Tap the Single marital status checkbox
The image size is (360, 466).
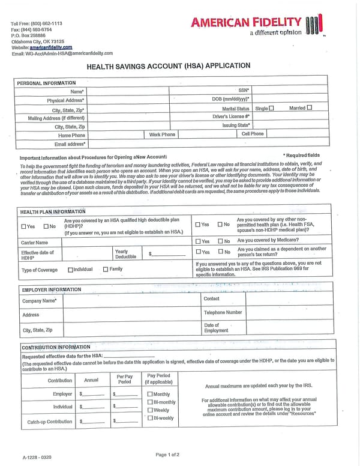pos(271,108)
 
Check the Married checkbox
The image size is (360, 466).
pos(310,108)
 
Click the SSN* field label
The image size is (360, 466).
pos(244,90)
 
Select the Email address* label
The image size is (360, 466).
pos(70,144)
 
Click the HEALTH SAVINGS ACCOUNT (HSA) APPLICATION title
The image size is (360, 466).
pos(169,66)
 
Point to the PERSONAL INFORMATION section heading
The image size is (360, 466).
pos(46,82)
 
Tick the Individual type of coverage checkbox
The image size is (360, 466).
pos(71,270)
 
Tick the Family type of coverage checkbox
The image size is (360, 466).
pos(106,270)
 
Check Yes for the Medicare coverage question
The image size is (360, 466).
pos(199,241)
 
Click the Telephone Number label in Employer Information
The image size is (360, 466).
pos(223,312)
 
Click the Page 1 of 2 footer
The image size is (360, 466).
pos(167,455)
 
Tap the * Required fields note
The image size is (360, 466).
pos(302,156)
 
